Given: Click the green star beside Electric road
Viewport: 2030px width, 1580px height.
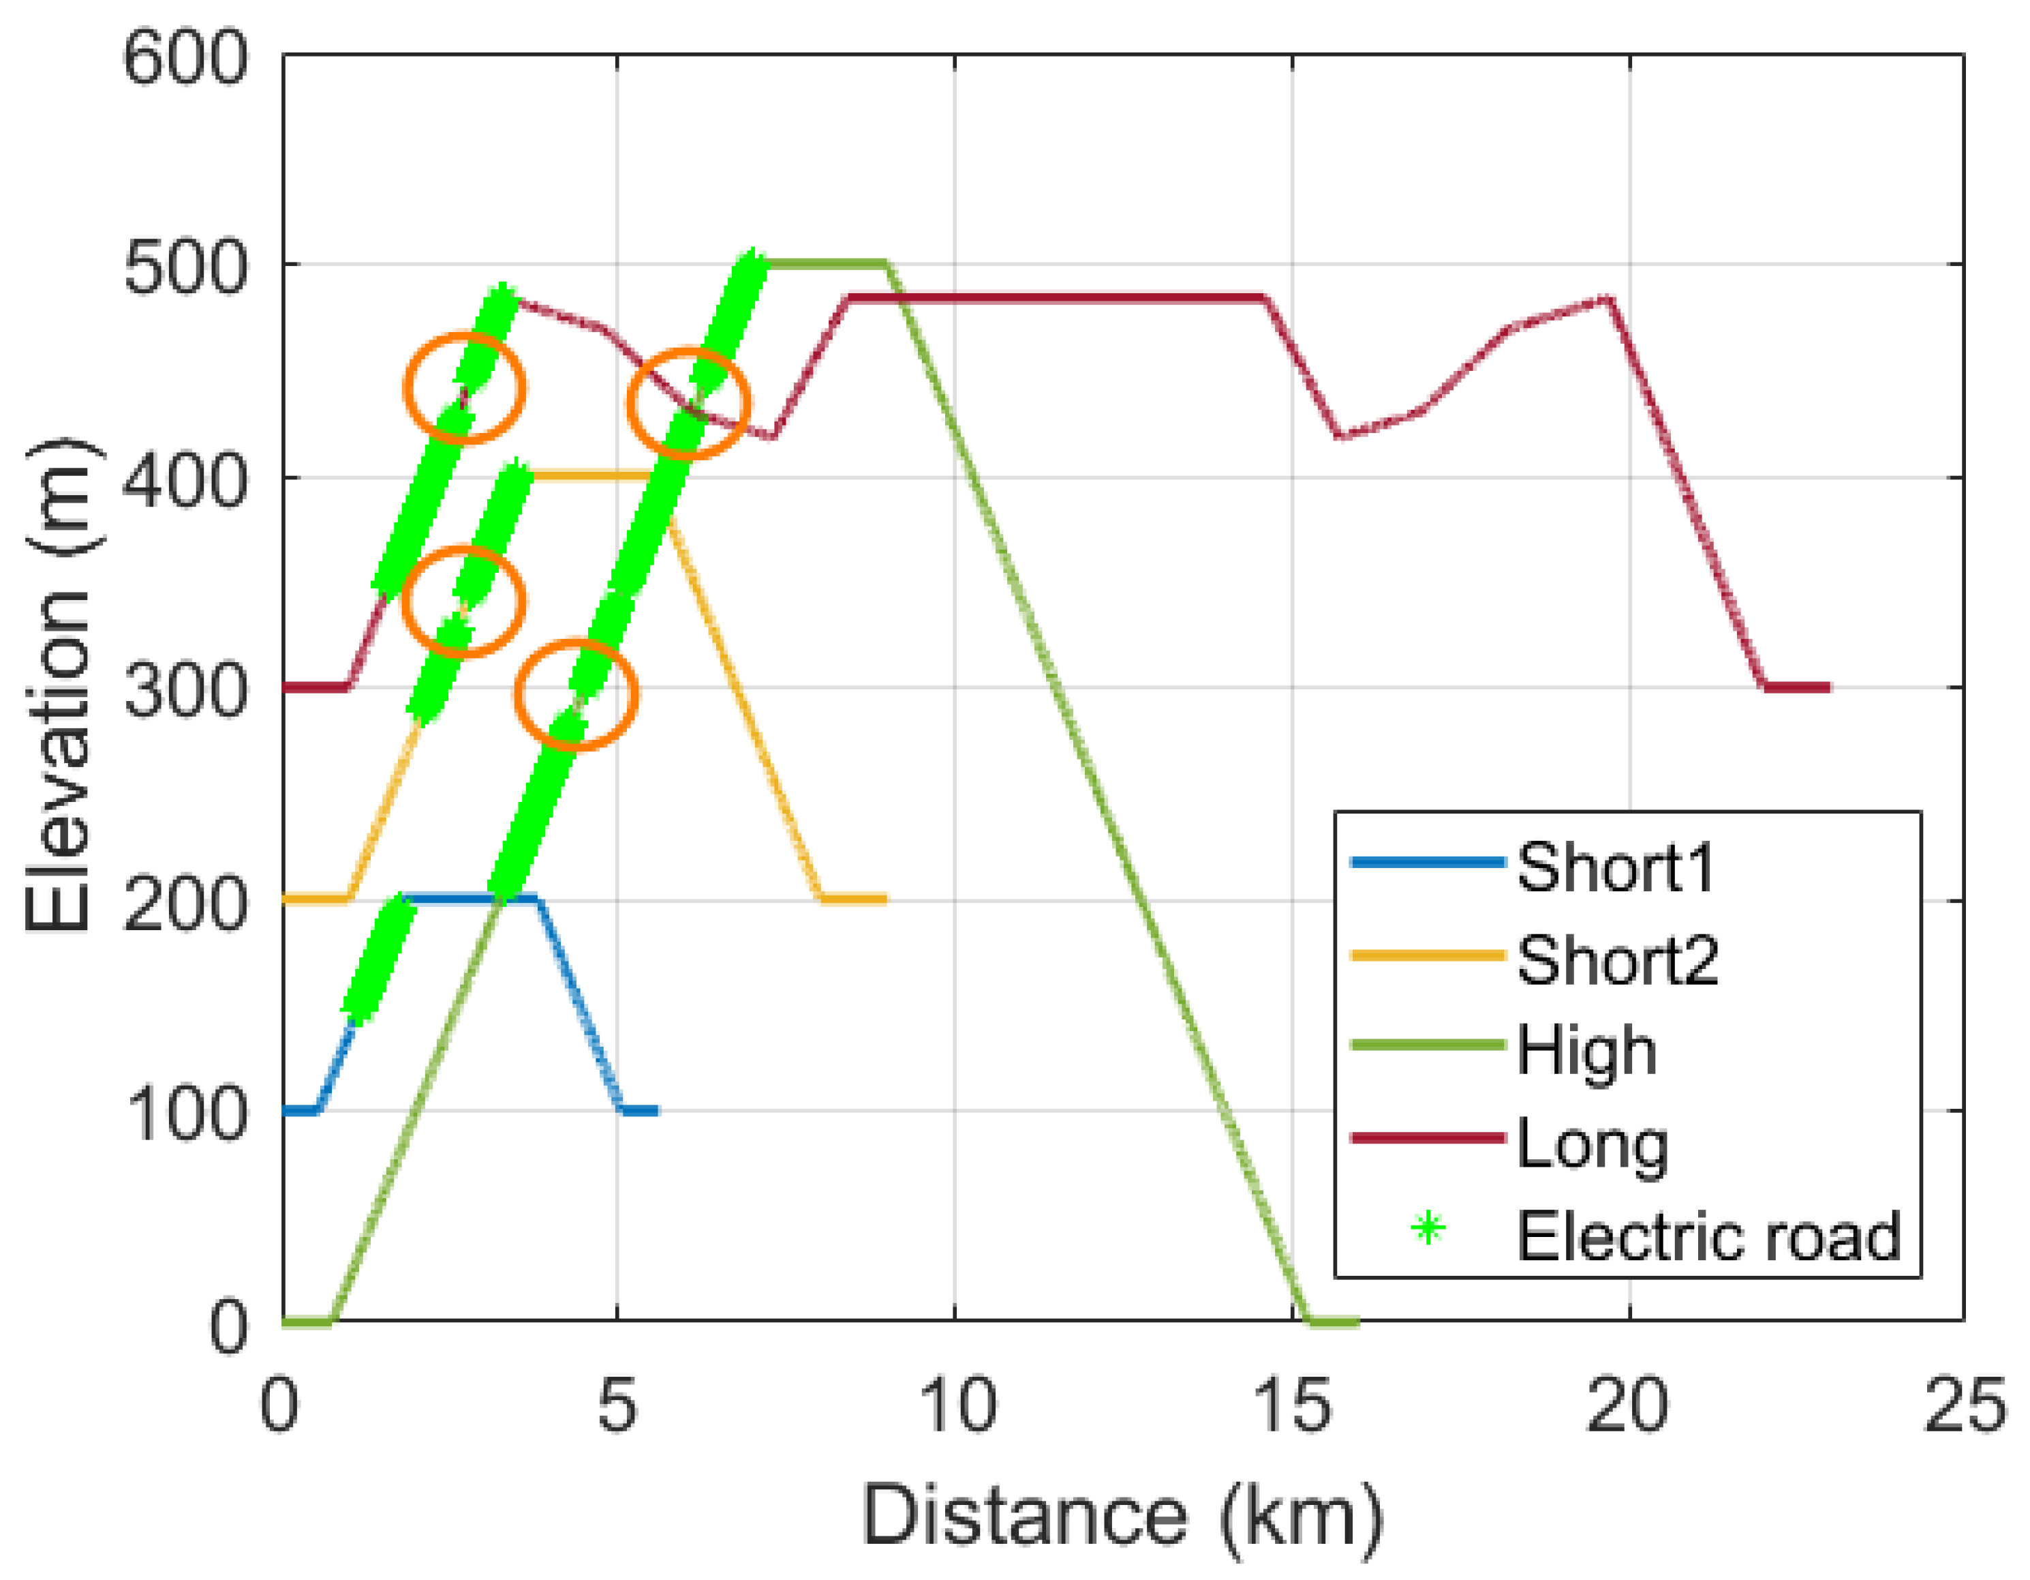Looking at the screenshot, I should pyautogui.click(x=1428, y=1229).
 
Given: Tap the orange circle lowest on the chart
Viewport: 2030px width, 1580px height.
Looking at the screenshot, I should pyautogui.click(x=576, y=694).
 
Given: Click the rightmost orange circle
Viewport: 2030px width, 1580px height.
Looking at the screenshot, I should pyautogui.click(x=688, y=404).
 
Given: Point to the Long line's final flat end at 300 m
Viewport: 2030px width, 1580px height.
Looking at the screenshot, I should pyautogui.click(x=1796, y=688).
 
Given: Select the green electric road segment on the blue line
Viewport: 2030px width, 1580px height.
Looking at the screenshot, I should pyautogui.click(x=380, y=958).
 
